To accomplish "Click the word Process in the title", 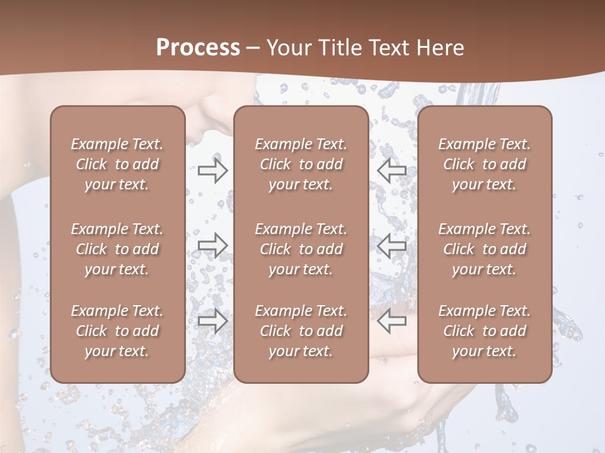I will [198, 48].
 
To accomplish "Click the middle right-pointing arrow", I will [212, 245].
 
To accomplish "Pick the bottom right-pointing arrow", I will [212, 321].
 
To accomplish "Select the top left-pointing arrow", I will [391, 170].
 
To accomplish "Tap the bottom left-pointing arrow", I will [391, 321].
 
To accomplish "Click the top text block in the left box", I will [117, 164].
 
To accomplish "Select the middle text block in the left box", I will [117, 249].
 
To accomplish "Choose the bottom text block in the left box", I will [117, 331].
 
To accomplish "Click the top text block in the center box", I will [301, 164].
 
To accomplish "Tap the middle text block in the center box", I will [301, 249].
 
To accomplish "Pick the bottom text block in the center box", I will [301, 331].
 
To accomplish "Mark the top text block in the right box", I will [485, 164].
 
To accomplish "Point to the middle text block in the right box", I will [485, 249].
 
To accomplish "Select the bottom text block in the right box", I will [485, 331].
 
